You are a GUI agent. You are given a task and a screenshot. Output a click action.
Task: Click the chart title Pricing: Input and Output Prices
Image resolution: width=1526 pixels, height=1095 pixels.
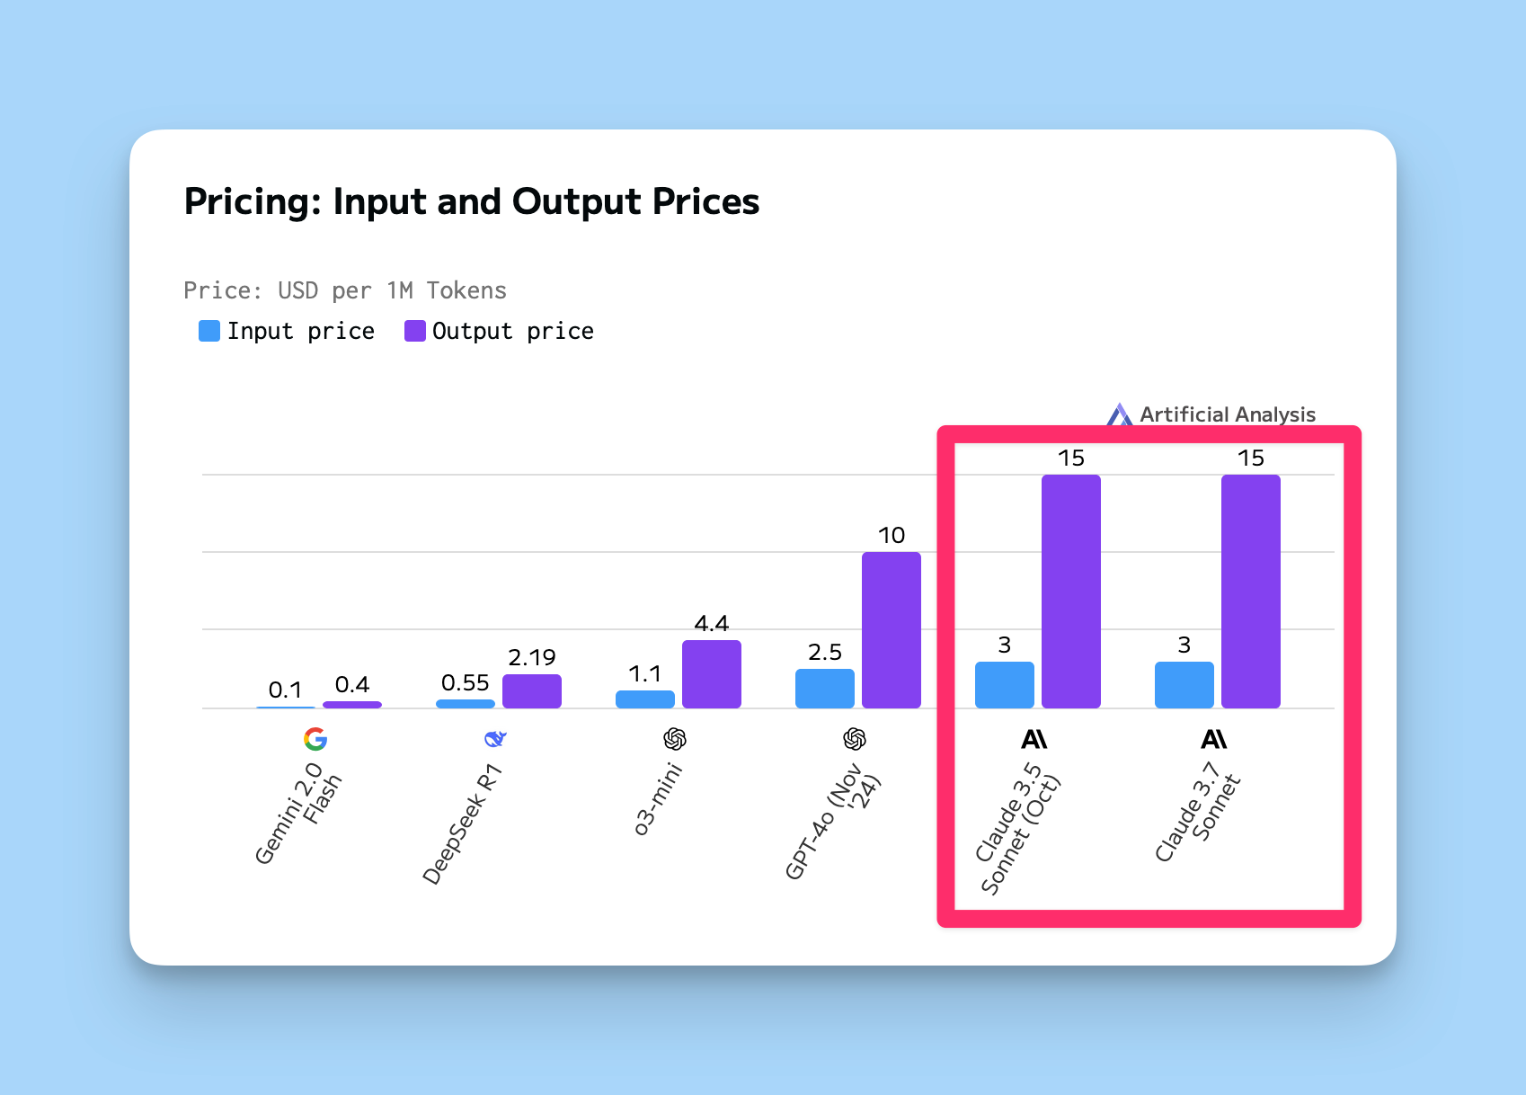(x=472, y=201)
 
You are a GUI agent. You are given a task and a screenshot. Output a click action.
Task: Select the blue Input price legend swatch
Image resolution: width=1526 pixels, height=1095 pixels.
(x=209, y=331)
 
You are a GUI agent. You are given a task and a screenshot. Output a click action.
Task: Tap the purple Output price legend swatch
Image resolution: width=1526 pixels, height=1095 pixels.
(x=415, y=331)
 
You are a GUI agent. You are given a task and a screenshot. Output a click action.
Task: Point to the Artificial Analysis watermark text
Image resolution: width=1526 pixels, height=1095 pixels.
(x=1227, y=414)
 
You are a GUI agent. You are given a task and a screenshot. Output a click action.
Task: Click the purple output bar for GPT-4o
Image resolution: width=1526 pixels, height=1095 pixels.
(x=892, y=630)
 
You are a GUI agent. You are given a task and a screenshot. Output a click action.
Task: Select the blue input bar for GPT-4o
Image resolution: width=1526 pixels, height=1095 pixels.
(x=824, y=689)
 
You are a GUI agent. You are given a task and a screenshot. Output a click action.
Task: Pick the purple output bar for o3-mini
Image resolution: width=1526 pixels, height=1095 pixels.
(x=711, y=674)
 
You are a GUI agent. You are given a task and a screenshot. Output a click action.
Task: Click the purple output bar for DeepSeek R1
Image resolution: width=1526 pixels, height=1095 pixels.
(x=531, y=691)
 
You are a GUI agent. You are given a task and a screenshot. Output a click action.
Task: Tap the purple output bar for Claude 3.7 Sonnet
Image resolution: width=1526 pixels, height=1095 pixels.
(x=1251, y=592)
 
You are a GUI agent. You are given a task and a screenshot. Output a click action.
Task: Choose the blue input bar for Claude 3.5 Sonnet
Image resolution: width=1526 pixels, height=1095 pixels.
(x=1004, y=685)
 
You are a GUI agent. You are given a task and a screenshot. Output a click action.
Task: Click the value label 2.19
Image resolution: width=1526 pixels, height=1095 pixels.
(x=531, y=657)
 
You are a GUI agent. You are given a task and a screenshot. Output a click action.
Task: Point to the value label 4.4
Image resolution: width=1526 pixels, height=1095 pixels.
(x=711, y=624)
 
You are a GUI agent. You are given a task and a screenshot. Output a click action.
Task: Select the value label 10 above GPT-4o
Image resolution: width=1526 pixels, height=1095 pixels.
(x=892, y=536)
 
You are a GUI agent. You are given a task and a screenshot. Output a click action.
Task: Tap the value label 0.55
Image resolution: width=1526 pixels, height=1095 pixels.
(x=466, y=682)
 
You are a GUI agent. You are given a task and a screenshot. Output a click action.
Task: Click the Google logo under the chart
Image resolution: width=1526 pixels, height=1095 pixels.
(x=315, y=739)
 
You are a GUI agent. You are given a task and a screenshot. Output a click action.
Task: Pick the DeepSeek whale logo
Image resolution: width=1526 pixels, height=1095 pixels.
(x=495, y=739)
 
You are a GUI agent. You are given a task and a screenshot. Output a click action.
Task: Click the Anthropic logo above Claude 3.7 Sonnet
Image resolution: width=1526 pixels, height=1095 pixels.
(x=1214, y=739)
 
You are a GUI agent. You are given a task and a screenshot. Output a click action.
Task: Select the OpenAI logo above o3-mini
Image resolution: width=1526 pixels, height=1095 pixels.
(x=674, y=739)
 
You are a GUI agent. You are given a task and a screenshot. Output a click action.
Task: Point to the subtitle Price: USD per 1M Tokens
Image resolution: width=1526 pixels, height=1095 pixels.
(x=345, y=291)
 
